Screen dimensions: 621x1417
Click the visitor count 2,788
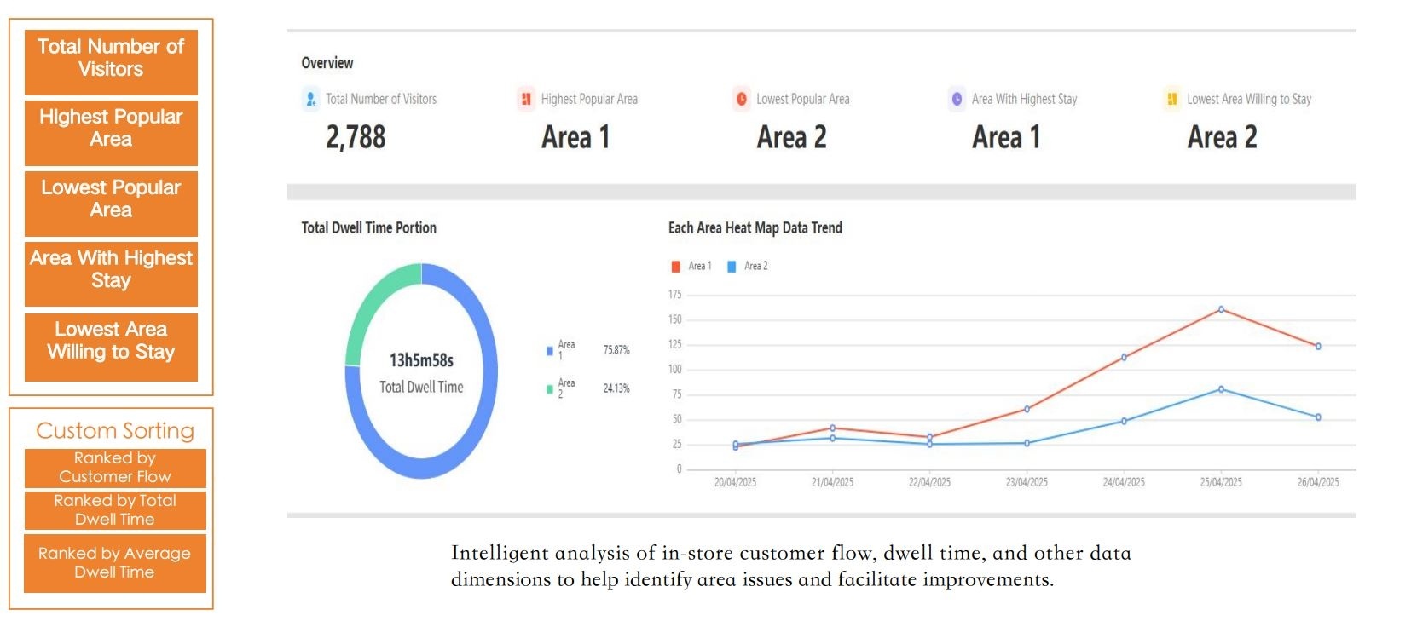[356, 137]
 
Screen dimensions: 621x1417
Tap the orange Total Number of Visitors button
[111, 59]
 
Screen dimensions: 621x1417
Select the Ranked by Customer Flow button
[115, 468]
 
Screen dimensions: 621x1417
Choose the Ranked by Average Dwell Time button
[115, 562]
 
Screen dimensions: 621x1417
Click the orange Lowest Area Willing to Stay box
[111, 342]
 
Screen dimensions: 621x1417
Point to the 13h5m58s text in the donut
[421, 360]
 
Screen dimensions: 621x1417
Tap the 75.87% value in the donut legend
[616, 350]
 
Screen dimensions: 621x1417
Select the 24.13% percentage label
[616, 388]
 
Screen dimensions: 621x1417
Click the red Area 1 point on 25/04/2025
[1221, 309]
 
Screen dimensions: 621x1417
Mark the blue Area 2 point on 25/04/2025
[1221, 389]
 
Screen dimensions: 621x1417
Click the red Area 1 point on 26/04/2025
[1318, 347]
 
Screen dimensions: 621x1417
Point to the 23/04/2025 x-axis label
[1027, 482]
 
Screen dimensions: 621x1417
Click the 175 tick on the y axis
[674, 295]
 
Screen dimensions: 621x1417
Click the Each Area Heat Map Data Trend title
[755, 227]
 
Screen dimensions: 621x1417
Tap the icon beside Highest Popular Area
[526, 99]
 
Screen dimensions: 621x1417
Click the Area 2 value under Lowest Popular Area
[791, 137]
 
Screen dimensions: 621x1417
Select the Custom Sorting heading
[115, 430]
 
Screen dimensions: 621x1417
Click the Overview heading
[327, 63]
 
